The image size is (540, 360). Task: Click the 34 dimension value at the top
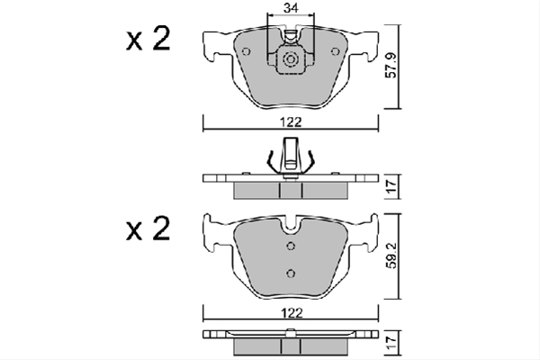[291, 8]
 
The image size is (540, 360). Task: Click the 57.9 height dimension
[391, 66]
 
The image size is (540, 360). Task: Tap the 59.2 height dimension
[391, 256]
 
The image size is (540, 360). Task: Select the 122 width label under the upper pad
[291, 122]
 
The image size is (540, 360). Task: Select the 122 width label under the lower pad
[292, 313]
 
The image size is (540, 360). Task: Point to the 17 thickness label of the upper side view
[391, 186]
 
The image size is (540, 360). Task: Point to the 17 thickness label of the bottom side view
[391, 344]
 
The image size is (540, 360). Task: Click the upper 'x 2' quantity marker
[148, 40]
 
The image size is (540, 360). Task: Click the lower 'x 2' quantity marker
[148, 229]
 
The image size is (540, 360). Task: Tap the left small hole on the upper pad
[247, 51]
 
